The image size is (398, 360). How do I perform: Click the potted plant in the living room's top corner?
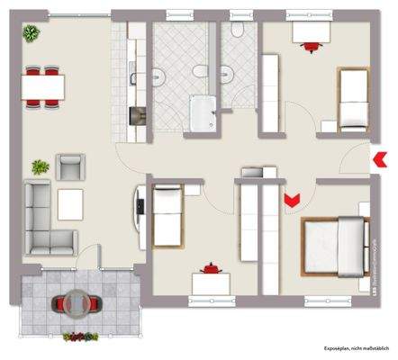point(32,33)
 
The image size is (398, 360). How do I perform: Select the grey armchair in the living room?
point(69,166)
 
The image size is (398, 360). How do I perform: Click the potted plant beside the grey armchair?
point(41,166)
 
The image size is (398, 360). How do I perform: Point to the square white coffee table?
point(70,203)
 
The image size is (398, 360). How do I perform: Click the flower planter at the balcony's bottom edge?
point(81,337)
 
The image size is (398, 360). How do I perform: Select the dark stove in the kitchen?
point(139,116)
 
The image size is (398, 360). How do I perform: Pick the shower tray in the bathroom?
point(204,112)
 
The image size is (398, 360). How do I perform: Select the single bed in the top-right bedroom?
point(352,97)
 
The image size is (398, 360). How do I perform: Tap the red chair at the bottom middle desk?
point(212,267)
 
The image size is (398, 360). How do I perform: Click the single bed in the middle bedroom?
point(168,212)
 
